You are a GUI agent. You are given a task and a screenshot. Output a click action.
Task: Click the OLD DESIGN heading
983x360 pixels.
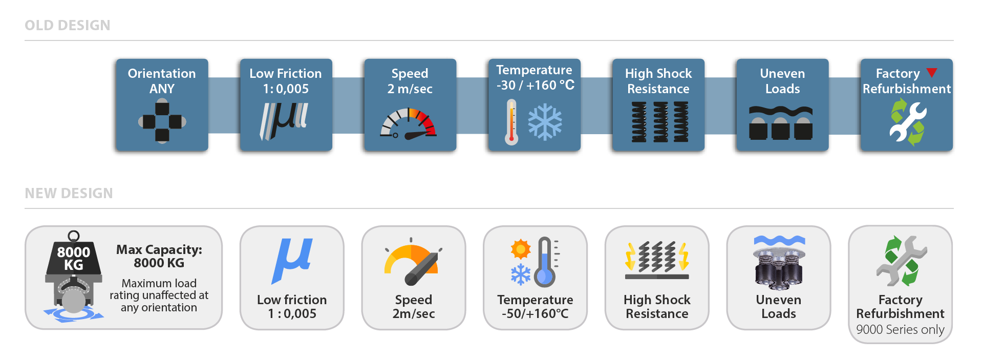pyautogui.click(x=67, y=25)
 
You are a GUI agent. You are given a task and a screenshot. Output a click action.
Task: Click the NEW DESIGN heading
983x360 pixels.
pyautogui.click(x=69, y=193)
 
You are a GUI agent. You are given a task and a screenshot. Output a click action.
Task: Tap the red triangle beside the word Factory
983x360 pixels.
pyautogui.click(x=932, y=73)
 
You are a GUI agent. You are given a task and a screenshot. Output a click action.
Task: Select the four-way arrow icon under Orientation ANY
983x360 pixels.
pyautogui.click(x=162, y=122)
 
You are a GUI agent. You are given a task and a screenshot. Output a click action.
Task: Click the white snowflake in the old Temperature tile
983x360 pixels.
pyautogui.click(x=545, y=122)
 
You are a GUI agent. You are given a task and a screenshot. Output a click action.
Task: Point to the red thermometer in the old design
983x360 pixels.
pyautogui.click(x=511, y=122)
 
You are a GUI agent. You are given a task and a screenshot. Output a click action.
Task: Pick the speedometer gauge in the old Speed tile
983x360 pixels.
pyautogui.click(x=408, y=123)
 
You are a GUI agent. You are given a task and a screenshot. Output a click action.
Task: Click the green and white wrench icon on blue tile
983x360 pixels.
pyautogui.click(x=907, y=122)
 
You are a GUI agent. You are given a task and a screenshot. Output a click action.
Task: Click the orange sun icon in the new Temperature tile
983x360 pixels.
pyautogui.click(x=521, y=249)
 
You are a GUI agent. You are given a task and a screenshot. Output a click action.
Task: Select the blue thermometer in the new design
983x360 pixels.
pyautogui.click(x=545, y=262)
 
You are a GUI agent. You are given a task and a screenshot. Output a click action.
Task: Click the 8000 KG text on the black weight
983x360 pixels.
pyautogui.click(x=74, y=258)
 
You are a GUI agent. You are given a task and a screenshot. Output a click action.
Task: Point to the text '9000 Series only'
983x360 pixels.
pyautogui.click(x=900, y=329)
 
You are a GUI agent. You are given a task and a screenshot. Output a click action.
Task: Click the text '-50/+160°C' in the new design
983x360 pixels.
pyautogui.click(x=535, y=313)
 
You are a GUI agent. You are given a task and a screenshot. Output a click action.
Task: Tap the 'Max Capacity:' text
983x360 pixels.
pyautogui.click(x=159, y=249)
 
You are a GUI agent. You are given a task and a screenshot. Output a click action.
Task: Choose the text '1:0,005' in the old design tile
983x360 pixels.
pyautogui.click(x=286, y=89)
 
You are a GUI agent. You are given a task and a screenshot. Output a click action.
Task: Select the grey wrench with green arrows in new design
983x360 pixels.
pyautogui.click(x=901, y=261)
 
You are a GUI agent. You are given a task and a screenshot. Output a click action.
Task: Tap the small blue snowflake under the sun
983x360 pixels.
pyautogui.click(x=521, y=274)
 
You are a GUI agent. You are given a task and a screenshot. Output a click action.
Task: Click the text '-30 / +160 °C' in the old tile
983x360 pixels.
pyautogui.click(x=535, y=85)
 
